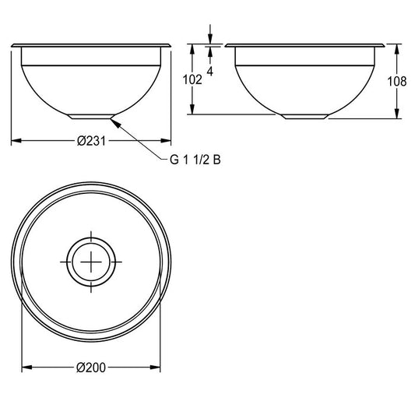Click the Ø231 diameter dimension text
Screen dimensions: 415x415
tap(91, 141)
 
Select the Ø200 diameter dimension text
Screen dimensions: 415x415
tap(91, 368)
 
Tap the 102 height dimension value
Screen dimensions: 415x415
tap(192, 79)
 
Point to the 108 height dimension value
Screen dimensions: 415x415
tap(397, 81)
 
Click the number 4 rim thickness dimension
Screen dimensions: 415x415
tap(210, 71)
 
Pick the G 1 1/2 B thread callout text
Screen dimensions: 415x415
tap(195, 160)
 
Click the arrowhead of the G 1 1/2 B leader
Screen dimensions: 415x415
tap(115, 122)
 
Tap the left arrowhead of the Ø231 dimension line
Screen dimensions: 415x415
tap(16, 141)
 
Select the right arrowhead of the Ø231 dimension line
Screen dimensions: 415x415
tap(166, 141)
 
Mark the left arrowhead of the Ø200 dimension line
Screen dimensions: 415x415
tap(26, 368)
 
